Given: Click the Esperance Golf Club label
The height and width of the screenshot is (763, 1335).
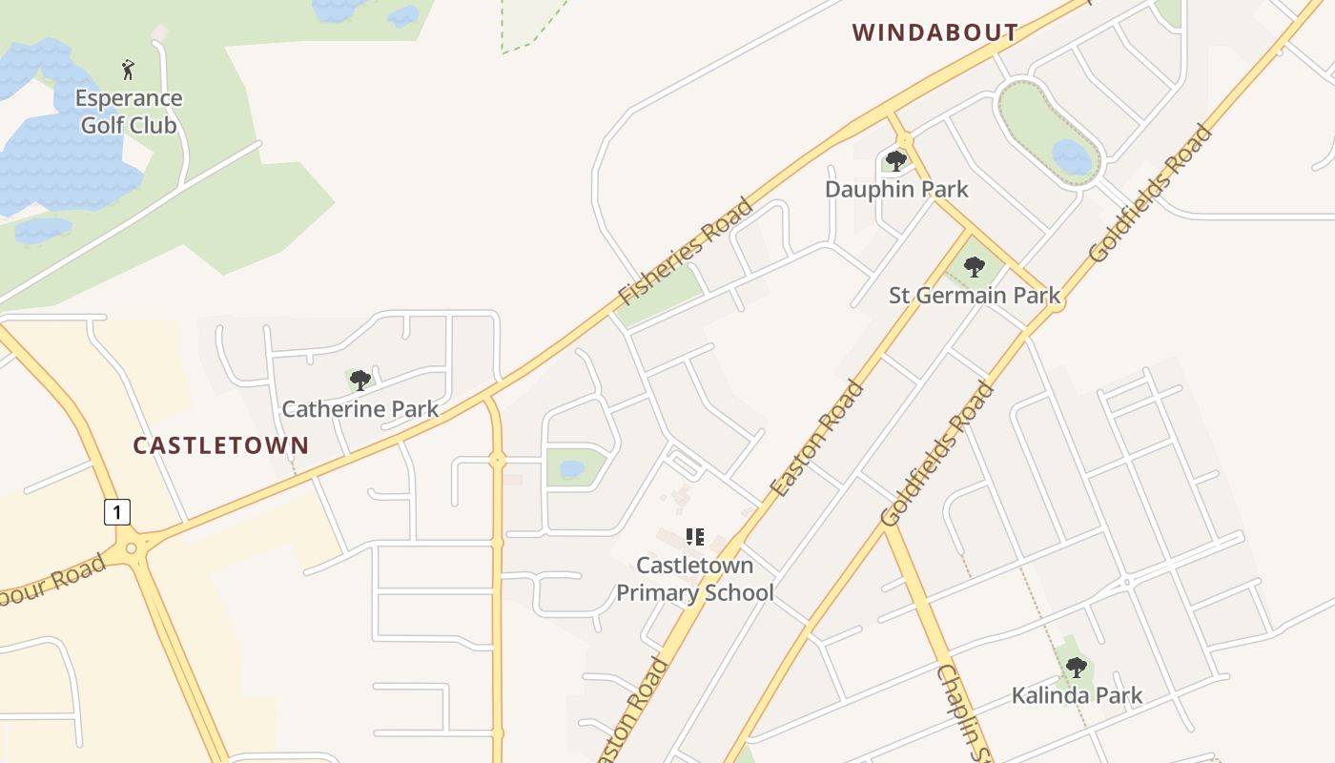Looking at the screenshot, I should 129,111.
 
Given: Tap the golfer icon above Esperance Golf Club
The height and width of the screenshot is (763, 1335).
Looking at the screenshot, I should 129,70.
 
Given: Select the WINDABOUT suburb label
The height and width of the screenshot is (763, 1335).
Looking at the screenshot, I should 935,32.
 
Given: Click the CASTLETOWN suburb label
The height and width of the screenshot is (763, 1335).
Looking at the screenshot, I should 220,445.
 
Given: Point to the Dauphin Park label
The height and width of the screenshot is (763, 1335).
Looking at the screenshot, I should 896,189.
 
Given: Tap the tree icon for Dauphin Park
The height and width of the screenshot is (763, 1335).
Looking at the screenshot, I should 895,160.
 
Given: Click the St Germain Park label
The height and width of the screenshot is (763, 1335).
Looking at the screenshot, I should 974,295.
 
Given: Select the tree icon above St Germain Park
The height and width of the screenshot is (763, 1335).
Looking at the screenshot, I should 974,267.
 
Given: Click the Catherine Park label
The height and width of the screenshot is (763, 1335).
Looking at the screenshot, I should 359,409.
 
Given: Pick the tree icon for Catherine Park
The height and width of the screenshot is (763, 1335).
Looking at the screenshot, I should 359,381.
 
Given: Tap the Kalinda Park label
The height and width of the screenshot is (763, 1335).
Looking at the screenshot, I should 1077,695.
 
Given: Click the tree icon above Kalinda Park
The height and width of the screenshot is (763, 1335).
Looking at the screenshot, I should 1076,667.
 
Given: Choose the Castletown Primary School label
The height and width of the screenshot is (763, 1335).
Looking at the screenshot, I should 694,579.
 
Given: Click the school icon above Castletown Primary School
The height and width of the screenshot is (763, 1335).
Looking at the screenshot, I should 695,537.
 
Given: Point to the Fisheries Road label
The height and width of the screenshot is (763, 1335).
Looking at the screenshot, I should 686,250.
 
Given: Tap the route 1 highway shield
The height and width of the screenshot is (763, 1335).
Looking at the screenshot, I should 116,512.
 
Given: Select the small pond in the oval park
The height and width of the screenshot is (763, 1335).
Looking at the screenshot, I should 1071,156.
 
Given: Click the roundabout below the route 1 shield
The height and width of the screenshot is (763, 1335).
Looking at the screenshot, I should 132,548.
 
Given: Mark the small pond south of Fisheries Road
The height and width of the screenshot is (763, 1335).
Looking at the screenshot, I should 572,469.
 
